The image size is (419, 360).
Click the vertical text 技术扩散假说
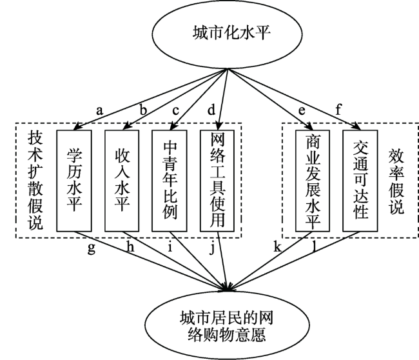click(x=35, y=181)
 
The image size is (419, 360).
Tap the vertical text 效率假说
click(x=396, y=181)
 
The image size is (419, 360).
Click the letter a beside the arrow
click(x=99, y=110)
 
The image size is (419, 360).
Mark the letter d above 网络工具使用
click(x=211, y=110)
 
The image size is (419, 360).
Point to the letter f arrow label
click(x=338, y=110)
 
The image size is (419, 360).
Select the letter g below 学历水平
click(x=92, y=249)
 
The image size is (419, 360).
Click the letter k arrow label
click(x=277, y=246)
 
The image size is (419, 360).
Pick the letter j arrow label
click(x=211, y=248)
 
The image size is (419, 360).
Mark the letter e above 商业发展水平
click(x=302, y=111)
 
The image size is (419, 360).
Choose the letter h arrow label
click(x=130, y=246)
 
